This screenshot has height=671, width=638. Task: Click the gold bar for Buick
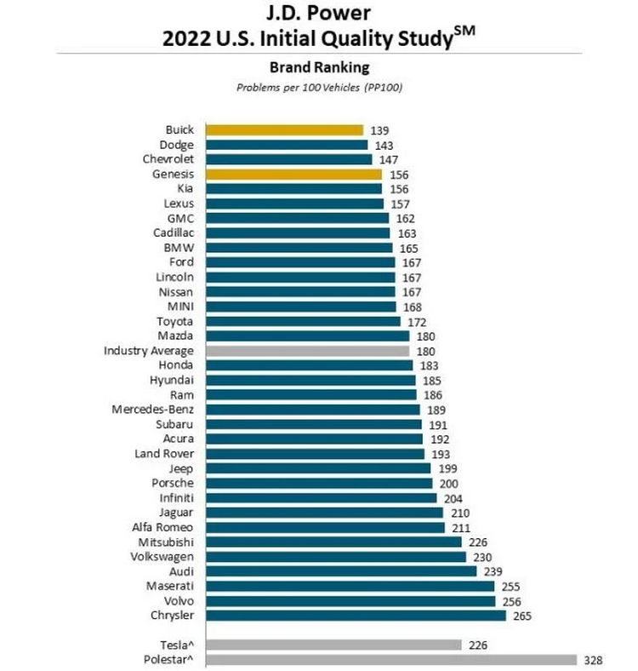285,130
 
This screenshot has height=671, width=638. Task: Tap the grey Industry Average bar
307,351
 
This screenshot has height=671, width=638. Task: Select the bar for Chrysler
356,616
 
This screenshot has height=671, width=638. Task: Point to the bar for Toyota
303,321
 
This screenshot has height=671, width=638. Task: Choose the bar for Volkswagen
335,557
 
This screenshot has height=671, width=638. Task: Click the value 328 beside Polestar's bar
594,660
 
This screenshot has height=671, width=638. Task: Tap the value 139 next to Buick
380,130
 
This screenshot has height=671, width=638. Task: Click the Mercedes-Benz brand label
153,410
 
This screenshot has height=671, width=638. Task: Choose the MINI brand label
179,307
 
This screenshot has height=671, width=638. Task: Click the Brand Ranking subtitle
319,66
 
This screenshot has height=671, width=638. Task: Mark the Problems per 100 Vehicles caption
319,87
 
